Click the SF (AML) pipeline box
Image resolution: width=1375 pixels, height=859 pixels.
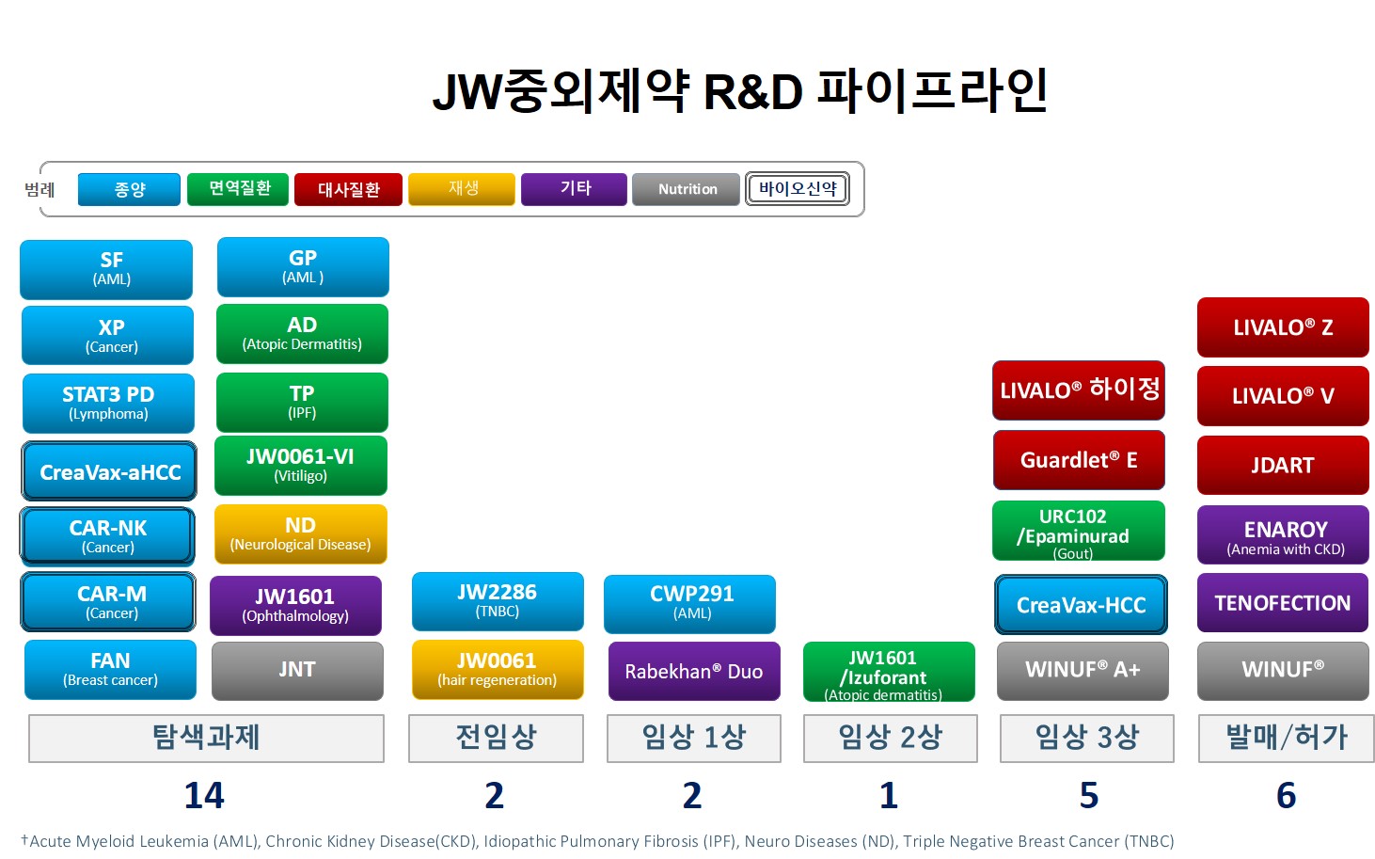pos(106,269)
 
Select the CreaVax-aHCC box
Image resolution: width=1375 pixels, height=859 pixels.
pos(109,471)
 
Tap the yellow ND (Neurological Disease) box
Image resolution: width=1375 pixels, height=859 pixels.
pos(301,534)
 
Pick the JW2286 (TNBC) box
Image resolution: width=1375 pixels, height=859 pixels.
pos(498,602)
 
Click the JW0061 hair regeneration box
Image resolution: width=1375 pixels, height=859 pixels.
pos(498,670)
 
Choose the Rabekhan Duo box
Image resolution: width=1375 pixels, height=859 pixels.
pos(694,671)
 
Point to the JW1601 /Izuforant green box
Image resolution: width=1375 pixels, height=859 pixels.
pos(889,671)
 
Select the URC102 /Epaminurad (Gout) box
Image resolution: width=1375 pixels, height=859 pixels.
pos(1079,531)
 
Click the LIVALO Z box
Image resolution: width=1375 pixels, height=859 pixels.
pos(1283,327)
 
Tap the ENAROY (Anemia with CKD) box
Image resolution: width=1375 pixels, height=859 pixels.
pos(1283,534)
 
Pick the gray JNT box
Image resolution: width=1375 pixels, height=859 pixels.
pos(298,671)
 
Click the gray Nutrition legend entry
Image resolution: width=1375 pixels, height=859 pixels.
pos(686,189)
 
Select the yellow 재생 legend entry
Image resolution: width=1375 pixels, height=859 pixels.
pos(462,189)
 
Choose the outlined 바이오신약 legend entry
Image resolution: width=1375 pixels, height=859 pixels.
pos(798,188)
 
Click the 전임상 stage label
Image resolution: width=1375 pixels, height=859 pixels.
pos(496,738)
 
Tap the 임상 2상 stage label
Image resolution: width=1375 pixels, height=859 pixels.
pos(890,738)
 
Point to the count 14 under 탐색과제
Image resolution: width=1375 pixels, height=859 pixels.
pos(204,796)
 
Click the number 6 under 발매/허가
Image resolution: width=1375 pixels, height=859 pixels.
pos(1286,796)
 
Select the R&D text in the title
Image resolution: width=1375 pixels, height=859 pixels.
pos(753,93)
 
